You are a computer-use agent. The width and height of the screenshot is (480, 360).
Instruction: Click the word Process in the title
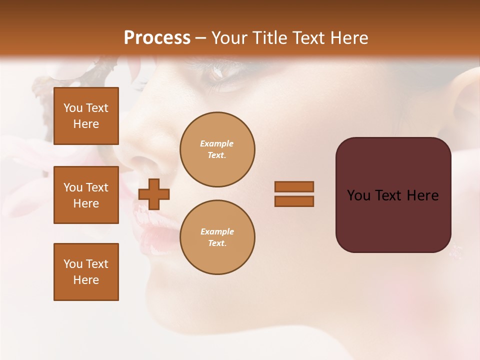(157, 37)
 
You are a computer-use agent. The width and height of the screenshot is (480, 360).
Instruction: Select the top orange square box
(86, 116)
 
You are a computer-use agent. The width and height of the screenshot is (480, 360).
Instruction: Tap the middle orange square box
(86, 195)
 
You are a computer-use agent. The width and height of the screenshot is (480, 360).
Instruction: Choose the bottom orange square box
(86, 272)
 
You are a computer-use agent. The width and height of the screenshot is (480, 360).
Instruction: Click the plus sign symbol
(154, 194)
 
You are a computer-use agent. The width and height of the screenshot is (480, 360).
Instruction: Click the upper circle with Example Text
(217, 149)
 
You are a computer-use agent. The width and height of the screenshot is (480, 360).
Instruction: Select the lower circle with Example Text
(217, 237)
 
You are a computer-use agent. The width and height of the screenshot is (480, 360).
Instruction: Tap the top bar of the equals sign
(294, 186)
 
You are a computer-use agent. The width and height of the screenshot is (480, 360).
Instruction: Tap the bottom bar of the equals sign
(294, 201)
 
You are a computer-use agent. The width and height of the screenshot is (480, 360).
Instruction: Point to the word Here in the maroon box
(422, 195)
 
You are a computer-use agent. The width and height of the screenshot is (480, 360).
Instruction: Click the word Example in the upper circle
(217, 143)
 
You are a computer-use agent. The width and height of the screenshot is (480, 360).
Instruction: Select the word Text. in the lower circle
(217, 243)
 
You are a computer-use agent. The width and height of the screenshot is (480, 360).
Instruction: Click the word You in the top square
(73, 108)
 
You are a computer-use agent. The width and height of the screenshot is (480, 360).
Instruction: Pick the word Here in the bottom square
(86, 280)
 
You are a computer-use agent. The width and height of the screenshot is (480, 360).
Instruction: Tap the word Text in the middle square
(97, 187)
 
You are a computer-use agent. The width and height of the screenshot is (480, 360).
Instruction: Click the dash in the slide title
(201, 38)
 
